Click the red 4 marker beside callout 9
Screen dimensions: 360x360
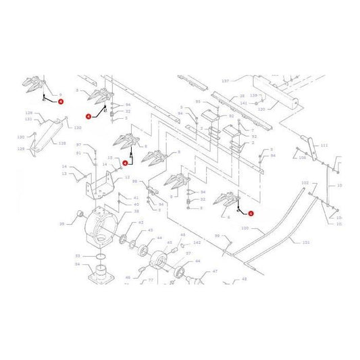pyautogui.click(x=61, y=102)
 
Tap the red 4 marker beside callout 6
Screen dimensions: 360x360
pyautogui.click(x=251, y=213)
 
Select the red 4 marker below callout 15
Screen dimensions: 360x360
pyautogui.click(x=125, y=162)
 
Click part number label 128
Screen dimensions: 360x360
pyautogui.click(x=63, y=143)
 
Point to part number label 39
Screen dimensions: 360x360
pyautogui.click(x=61, y=224)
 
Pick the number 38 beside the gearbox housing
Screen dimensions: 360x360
pyautogui.click(x=136, y=212)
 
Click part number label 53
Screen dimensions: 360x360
pyautogui.click(x=78, y=256)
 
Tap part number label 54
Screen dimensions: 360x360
pyautogui.click(x=78, y=264)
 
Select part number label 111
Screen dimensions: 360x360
pyautogui.click(x=324, y=146)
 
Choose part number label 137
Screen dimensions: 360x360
pyautogui.click(x=226, y=80)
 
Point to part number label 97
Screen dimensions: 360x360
pyautogui.click(x=78, y=145)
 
